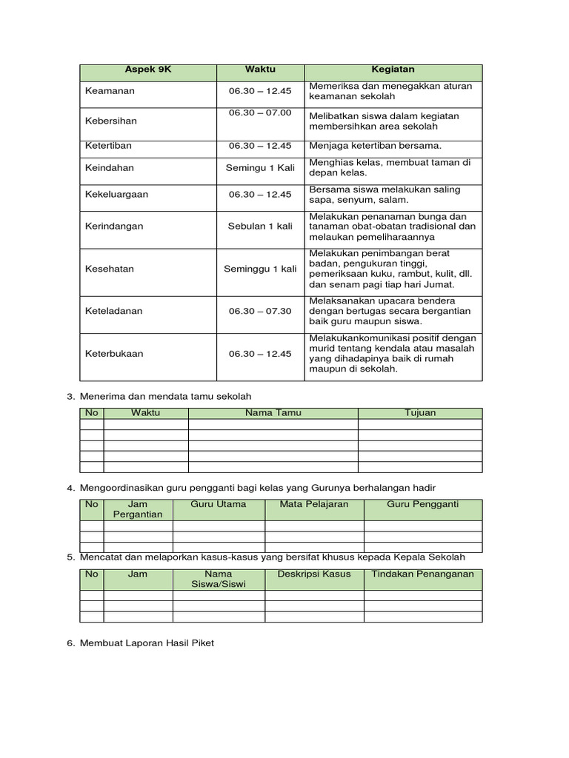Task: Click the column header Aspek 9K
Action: [x=147, y=69]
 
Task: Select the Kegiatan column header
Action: [x=393, y=69]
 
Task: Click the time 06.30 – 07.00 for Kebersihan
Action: [x=260, y=113]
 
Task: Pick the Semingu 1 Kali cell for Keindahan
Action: [x=260, y=168]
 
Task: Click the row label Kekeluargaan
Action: [x=117, y=195]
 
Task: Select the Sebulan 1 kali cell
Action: [x=260, y=227]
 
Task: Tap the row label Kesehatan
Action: [x=110, y=269]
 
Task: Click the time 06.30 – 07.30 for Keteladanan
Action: [x=260, y=311]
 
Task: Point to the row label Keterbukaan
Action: [x=114, y=353]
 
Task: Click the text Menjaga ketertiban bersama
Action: [x=375, y=146]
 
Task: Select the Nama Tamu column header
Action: [x=273, y=413]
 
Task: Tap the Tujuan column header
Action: [x=420, y=413]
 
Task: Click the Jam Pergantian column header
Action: [x=138, y=509]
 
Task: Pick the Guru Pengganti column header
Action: [x=422, y=504]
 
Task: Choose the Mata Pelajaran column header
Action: [x=314, y=504]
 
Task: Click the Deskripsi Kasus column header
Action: [x=314, y=574]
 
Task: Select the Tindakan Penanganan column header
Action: [x=422, y=574]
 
